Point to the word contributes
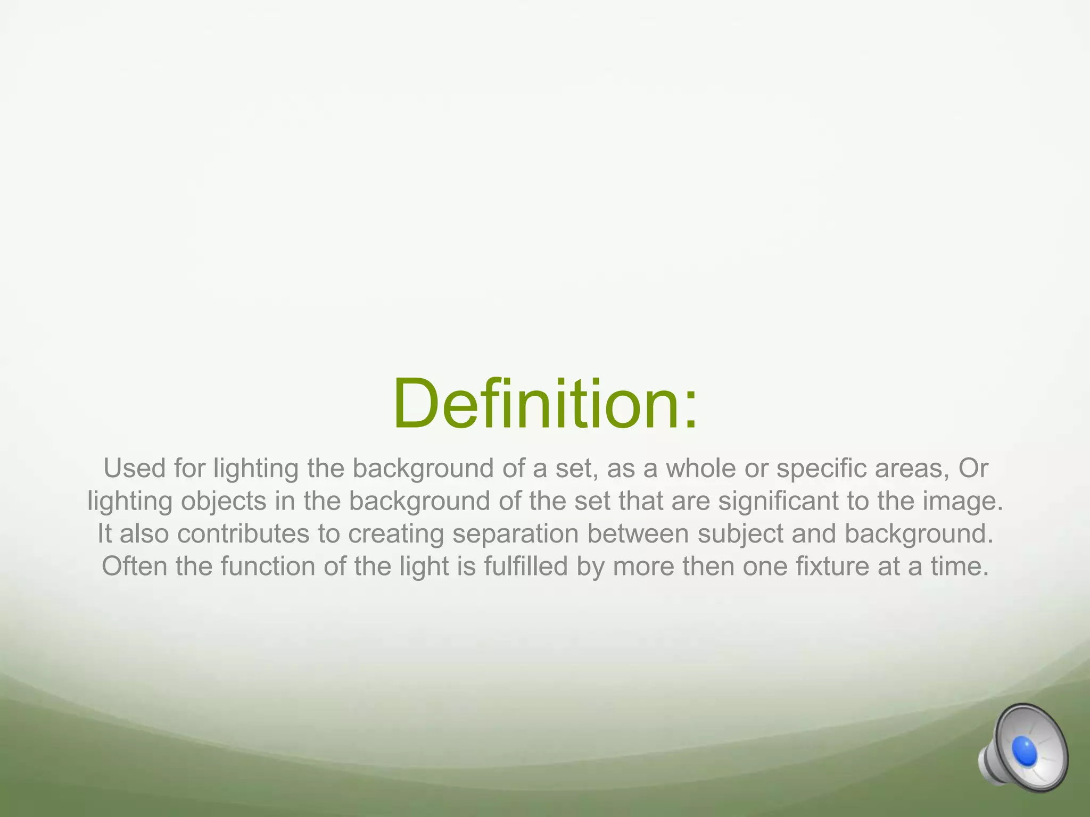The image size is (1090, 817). click(243, 534)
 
